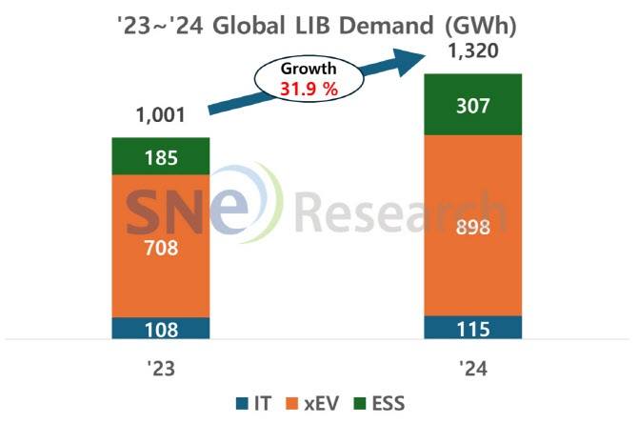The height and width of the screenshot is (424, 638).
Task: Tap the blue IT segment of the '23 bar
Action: [160, 329]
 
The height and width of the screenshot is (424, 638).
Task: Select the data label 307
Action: [473, 106]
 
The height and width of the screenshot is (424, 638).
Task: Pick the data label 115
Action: [473, 330]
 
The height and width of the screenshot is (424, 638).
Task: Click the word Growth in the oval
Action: [308, 70]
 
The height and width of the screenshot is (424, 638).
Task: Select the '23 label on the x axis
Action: [161, 366]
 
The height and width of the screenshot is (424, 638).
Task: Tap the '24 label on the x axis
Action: [473, 366]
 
